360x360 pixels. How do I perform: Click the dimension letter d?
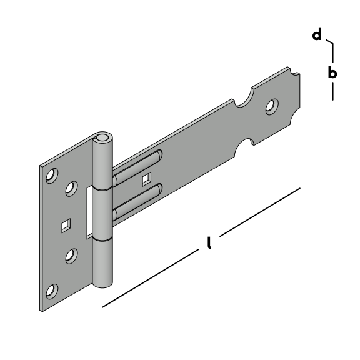(x=317, y=35)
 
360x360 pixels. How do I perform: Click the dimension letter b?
(x=332, y=72)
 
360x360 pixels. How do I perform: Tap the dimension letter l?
(x=209, y=242)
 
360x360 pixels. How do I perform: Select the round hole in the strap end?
(x=272, y=107)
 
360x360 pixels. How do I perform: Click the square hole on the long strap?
(x=147, y=179)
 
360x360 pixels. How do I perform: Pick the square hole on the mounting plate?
(x=66, y=226)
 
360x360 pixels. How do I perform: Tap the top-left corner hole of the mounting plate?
(x=52, y=176)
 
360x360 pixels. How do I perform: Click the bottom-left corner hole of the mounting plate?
(x=52, y=292)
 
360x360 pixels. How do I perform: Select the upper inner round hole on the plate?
(x=71, y=189)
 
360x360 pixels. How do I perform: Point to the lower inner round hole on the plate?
(x=71, y=256)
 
